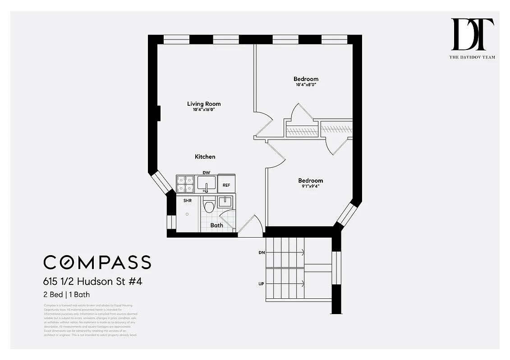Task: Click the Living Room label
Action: (x=204, y=104)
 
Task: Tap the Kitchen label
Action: (x=205, y=157)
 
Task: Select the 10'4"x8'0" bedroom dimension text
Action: (x=306, y=85)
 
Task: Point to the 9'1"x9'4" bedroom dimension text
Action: (x=310, y=187)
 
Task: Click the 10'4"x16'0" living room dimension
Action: (x=204, y=110)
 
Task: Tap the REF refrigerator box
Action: (x=226, y=185)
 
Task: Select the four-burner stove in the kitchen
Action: (x=185, y=184)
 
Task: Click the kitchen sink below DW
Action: (x=207, y=184)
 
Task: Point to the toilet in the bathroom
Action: (x=209, y=206)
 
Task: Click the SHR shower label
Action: (x=187, y=201)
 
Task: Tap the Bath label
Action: (x=216, y=225)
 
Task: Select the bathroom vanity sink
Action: (x=225, y=202)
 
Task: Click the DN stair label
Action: (x=262, y=253)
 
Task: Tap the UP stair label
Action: (x=262, y=284)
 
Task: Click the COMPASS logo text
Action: (x=97, y=262)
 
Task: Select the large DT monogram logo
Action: (x=472, y=35)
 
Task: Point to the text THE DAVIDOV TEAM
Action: (x=472, y=57)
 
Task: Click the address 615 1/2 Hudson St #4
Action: (x=93, y=282)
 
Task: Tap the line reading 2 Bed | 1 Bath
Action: (x=66, y=295)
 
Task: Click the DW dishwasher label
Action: (x=207, y=173)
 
